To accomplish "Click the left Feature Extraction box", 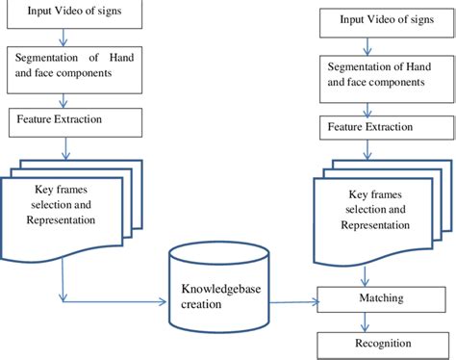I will tap(72, 121).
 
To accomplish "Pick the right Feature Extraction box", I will tap(385, 128).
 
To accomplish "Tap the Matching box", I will tap(385, 300).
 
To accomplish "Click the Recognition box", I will tap(385, 343).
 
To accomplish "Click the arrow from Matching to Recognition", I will tap(385, 321).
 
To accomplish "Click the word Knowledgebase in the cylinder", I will tap(216, 288).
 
